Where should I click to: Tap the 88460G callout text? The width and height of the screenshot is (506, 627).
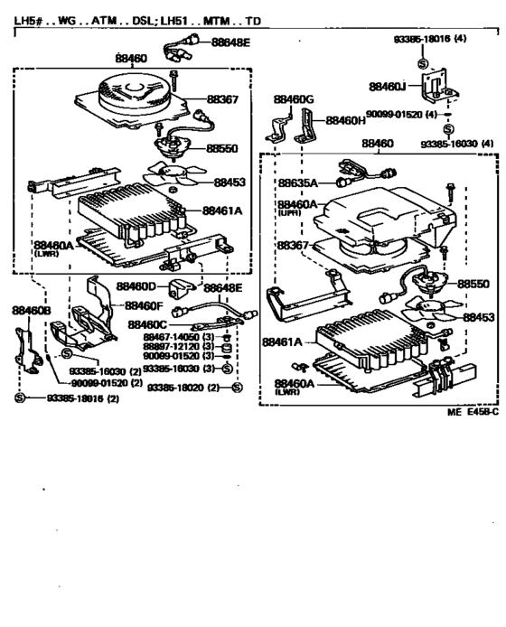point(294,98)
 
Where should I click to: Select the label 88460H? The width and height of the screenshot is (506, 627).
point(345,119)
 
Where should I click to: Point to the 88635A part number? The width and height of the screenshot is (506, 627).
point(298,180)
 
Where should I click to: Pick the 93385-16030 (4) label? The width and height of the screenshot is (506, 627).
point(455,143)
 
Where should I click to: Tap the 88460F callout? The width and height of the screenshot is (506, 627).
point(144,305)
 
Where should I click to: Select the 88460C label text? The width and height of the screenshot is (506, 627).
point(147,323)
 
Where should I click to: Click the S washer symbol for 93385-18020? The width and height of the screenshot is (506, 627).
point(237,388)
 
